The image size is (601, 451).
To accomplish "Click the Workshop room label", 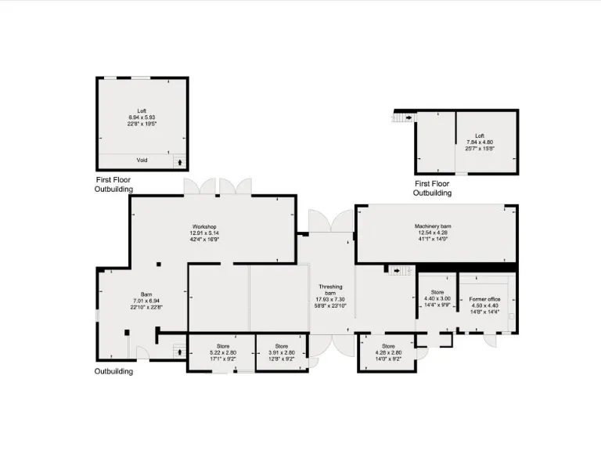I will click(x=202, y=227).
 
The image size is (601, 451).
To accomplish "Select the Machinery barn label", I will click(x=433, y=227).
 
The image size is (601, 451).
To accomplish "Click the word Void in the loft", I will click(x=142, y=161).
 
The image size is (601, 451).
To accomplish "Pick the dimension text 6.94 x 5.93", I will click(x=142, y=117).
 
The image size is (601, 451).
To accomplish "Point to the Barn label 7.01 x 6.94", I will click(x=142, y=301).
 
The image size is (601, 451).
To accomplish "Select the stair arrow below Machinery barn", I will click(x=399, y=271).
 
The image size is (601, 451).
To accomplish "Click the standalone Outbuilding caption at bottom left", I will click(x=113, y=371).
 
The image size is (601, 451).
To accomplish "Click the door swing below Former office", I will click(x=491, y=341).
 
